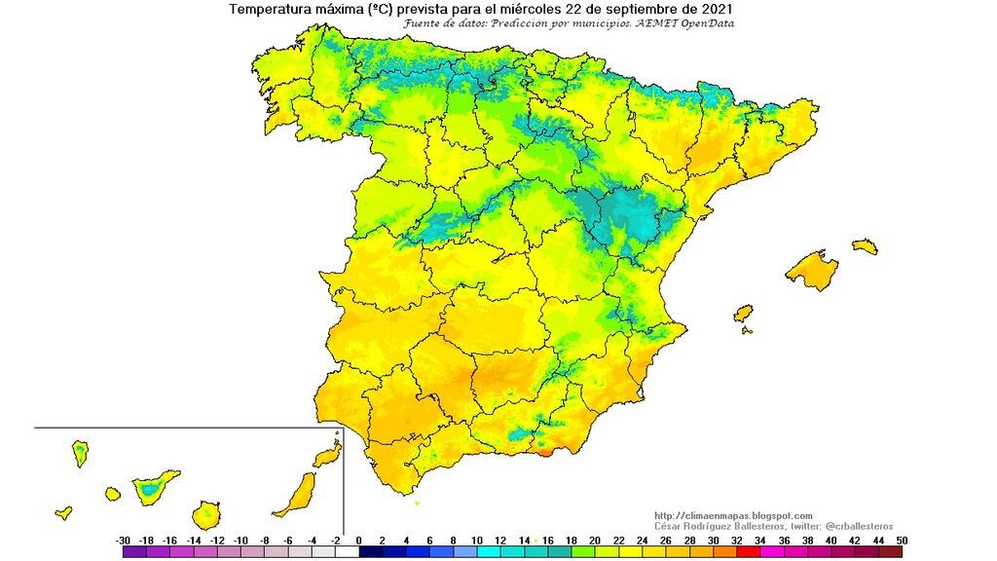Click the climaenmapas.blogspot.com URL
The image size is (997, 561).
pyautogui.click(x=733, y=516)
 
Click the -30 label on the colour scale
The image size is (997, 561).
pyautogui.click(x=123, y=540)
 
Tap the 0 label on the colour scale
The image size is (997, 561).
pyautogui.click(x=358, y=540)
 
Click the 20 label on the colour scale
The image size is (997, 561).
pyautogui.click(x=594, y=540)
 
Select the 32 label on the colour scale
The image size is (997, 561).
pyautogui.click(x=735, y=540)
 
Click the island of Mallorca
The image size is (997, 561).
pyautogui.click(x=811, y=269)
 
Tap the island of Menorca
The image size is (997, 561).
pyautogui.click(x=865, y=246)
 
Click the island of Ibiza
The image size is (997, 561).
pyautogui.click(x=743, y=314)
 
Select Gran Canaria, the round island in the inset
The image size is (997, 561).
pyautogui.click(x=205, y=513)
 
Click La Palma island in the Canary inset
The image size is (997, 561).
pyautogui.click(x=80, y=453)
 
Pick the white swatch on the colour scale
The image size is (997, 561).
pyautogui.click(x=347, y=552)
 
